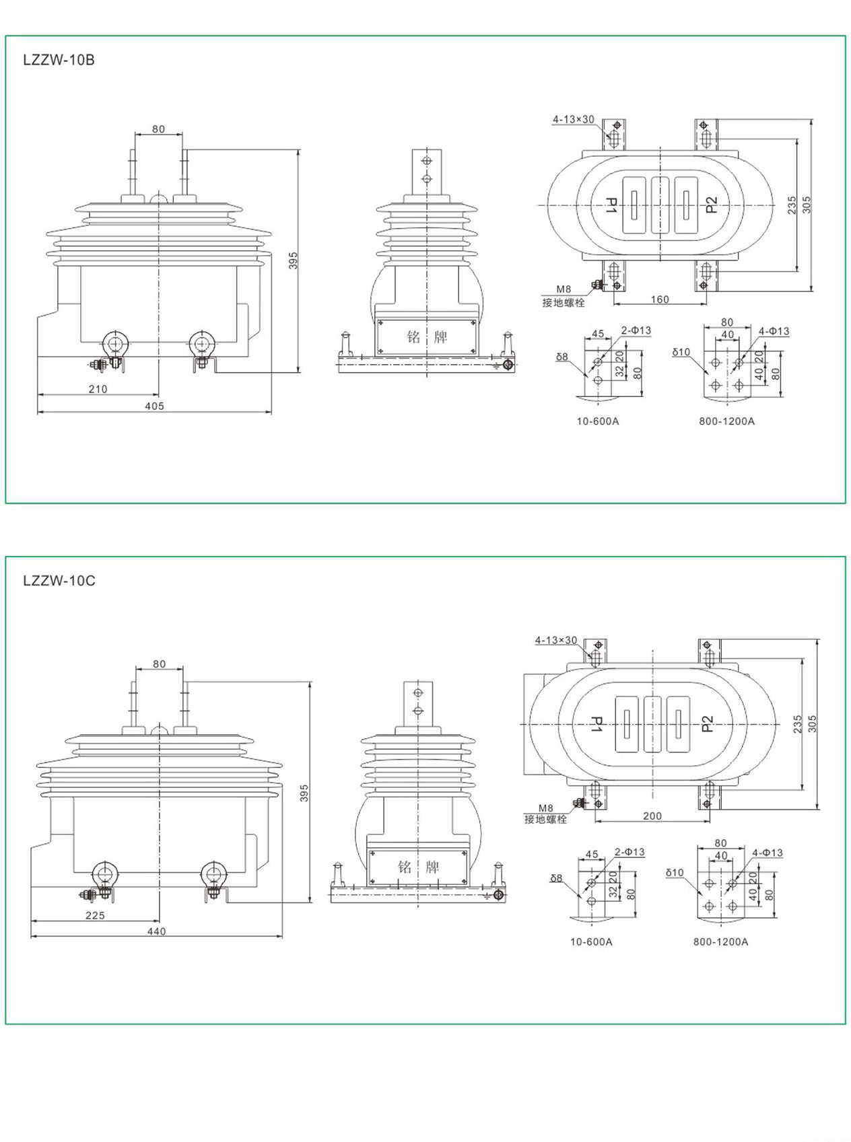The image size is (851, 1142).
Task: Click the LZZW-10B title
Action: (59, 60)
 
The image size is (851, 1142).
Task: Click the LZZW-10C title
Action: (59, 581)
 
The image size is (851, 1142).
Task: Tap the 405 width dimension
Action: (154, 406)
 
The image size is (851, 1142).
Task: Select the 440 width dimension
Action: (156, 931)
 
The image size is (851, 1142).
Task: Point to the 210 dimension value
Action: (98, 389)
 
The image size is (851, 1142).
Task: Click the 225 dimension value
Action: (95, 915)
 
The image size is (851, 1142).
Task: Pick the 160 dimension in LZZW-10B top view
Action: (660, 299)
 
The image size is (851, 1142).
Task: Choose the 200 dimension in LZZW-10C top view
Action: (652, 816)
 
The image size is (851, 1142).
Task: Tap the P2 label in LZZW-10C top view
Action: (707, 724)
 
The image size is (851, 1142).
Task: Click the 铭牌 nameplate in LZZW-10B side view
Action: (427, 336)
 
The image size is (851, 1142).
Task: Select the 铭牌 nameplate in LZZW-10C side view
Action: (418, 867)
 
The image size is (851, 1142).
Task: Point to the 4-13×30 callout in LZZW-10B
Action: (574, 119)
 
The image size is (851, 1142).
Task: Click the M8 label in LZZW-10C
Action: (545, 808)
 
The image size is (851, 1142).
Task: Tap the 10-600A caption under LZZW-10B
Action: (597, 421)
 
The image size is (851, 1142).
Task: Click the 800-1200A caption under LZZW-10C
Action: (720, 941)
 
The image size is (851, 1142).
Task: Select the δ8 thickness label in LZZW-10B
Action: (562, 357)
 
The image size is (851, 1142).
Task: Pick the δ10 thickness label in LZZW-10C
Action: (675, 873)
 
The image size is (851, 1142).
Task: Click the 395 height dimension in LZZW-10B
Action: (294, 260)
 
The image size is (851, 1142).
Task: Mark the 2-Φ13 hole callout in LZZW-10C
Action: (629, 852)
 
